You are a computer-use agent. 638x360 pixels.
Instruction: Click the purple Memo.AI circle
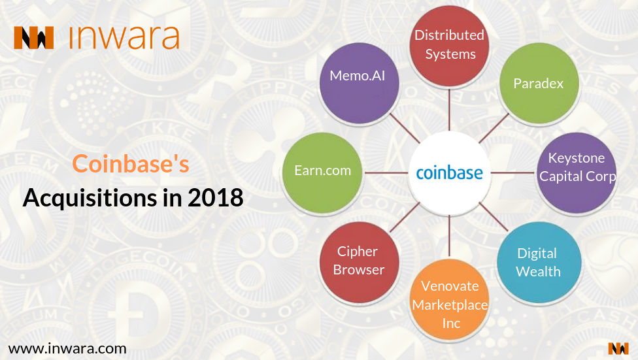[x=359, y=84]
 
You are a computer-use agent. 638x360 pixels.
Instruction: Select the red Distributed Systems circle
[x=449, y=46]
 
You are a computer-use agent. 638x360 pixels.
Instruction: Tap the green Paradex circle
[x=539, y=84]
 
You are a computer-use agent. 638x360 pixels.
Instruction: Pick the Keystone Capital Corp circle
[x=577, y=172]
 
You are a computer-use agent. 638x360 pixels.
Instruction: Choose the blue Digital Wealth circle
[x=539, y=263]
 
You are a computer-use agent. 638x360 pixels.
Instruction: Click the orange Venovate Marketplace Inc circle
[x=450, y=300]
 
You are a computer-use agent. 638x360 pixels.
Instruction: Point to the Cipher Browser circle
[x=359, y=263]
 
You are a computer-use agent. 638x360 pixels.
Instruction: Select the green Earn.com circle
[x=322, y=172]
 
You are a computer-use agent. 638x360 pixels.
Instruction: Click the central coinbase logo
[x=449, y=173]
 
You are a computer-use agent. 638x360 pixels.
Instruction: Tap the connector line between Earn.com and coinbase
[x=386, y=173]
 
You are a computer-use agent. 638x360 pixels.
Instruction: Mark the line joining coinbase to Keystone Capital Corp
[x=513, y=173]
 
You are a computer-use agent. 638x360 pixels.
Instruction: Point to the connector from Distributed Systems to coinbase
[x=449, y=109]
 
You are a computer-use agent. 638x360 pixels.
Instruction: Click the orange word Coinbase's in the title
[x=131, y=163]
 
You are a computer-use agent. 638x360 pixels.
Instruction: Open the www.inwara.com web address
[x=67, y=349]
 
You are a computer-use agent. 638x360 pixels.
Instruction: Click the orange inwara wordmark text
[x=124, y=37]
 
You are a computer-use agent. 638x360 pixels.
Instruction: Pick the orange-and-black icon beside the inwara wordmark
[x=34, y=38]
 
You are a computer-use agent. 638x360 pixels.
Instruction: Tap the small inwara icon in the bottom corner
[x=618, y=349]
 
